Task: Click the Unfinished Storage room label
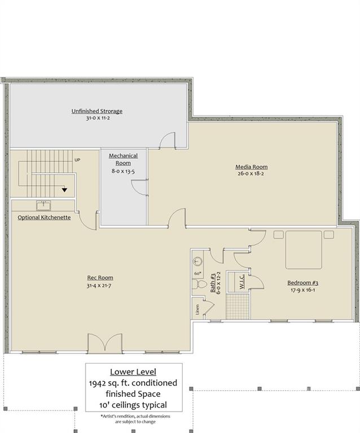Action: click(97, 111)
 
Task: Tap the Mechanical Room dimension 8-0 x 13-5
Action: click(123, 170)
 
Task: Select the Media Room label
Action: click(251, 167)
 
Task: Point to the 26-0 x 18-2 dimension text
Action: click(251, 175)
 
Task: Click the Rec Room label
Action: click(100, 277)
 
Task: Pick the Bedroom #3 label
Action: click(303, 282)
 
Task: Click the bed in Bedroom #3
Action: click(303, 250)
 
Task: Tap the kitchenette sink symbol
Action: click(43, 206)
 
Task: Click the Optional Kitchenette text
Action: click(44, 218)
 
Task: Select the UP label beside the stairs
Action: click(78, 160)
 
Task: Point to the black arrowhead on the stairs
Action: click(65, 190)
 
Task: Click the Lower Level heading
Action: click(134, 372)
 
